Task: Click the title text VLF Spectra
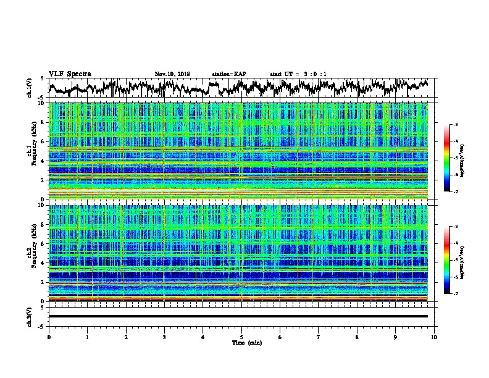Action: (x=70, y=74)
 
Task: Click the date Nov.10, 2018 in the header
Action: (x=172, y=74)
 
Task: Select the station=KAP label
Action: (x=228, y=74)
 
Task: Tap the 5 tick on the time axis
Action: (x=241, y=337)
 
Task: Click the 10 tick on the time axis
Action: (x=434, y=337)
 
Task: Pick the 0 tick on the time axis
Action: (x=49, y=337)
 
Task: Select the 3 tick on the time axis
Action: (x=164, y=337)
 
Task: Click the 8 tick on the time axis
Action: (x=357, y=337)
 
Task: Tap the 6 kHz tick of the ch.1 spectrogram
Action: (x=43, y=141)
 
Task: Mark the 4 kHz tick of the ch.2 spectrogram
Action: (x=43, y=263)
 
